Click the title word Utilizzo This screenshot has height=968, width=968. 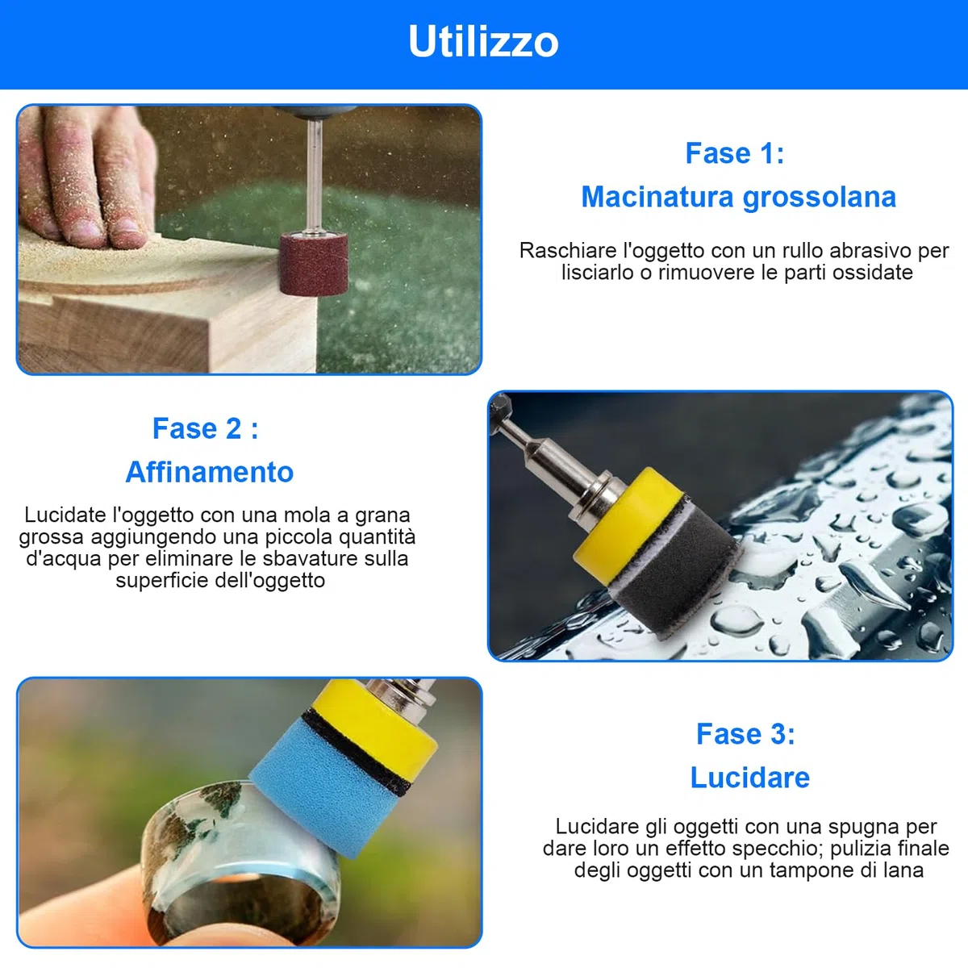coord(483,42)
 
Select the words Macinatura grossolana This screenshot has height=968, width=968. coord(738,196)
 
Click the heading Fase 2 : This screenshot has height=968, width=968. coord(205,428)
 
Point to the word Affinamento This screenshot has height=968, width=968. coord(210,472)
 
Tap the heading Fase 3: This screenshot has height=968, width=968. coord(745,733)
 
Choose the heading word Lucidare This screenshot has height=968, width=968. coord(750,777)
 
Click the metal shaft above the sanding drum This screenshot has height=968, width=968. coord(315,176)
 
